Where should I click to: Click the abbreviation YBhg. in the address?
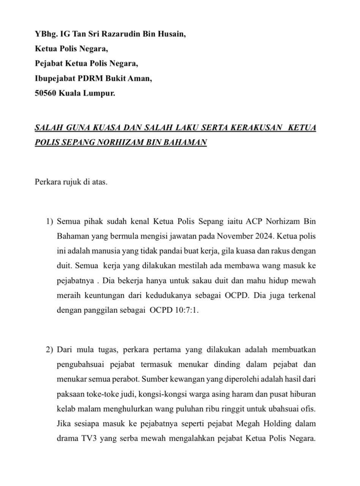44,34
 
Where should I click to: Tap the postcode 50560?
45,93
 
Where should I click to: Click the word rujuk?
73,182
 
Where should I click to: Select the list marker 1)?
50,221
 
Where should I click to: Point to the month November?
235,236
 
